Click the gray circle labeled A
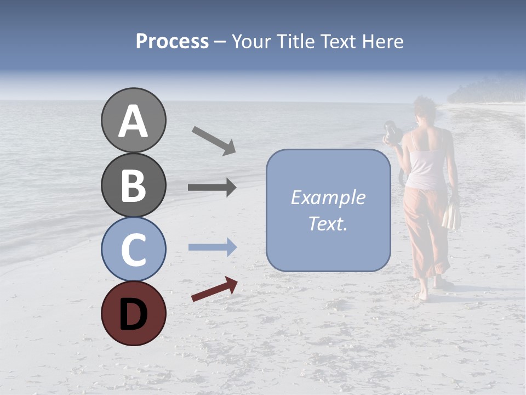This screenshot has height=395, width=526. coord(133,120)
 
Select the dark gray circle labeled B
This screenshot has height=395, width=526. coord(133,185)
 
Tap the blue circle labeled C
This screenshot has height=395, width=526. coord(133,249)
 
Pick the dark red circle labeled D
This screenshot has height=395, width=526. coord(133,313)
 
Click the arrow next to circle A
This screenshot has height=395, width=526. coord(214,140)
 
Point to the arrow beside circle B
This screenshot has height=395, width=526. coord(212,188)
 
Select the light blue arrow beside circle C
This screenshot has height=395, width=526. coord(212,247)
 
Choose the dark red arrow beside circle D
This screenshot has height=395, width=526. coord(214,289)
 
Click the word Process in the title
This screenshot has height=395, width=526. coord(172,41)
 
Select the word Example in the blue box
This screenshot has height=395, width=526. coord(328,198)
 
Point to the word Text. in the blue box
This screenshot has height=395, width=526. coord(328,223)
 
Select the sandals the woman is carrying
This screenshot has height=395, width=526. coord(452,216)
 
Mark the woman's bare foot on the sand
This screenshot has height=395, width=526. coord(422,296)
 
